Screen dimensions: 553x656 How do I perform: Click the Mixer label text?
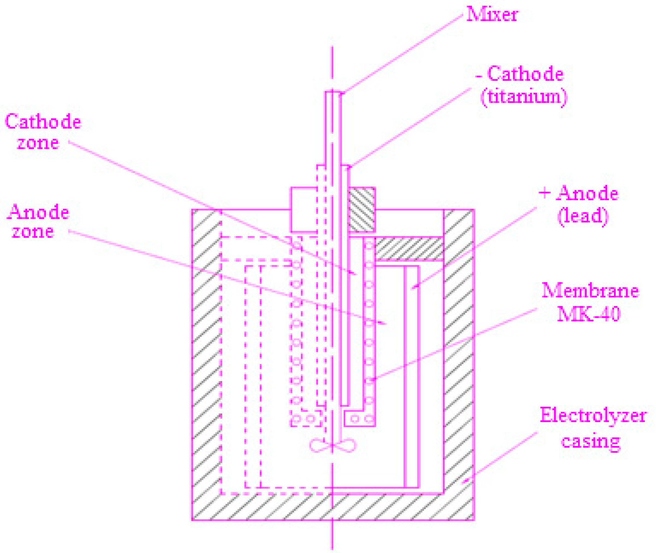pos(492,14)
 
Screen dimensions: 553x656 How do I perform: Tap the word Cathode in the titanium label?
pos(525,74)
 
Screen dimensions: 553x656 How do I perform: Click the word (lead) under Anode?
pos(583,216)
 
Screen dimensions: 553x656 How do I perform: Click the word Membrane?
pos(590,291)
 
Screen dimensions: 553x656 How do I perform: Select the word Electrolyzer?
pos(593,416)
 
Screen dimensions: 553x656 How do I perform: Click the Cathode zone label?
pos(43,132)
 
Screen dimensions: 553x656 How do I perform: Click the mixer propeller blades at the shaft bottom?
pos(333,446)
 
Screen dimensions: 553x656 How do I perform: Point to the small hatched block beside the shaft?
pos(362,209)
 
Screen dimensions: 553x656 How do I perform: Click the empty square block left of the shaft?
pos(304,209)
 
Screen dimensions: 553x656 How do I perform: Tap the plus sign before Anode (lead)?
pos(544,193)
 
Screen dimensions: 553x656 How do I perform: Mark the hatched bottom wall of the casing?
pos(333,507)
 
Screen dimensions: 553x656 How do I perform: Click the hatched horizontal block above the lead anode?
pos(409,249)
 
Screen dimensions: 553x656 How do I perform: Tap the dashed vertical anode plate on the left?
pos(253,376)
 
